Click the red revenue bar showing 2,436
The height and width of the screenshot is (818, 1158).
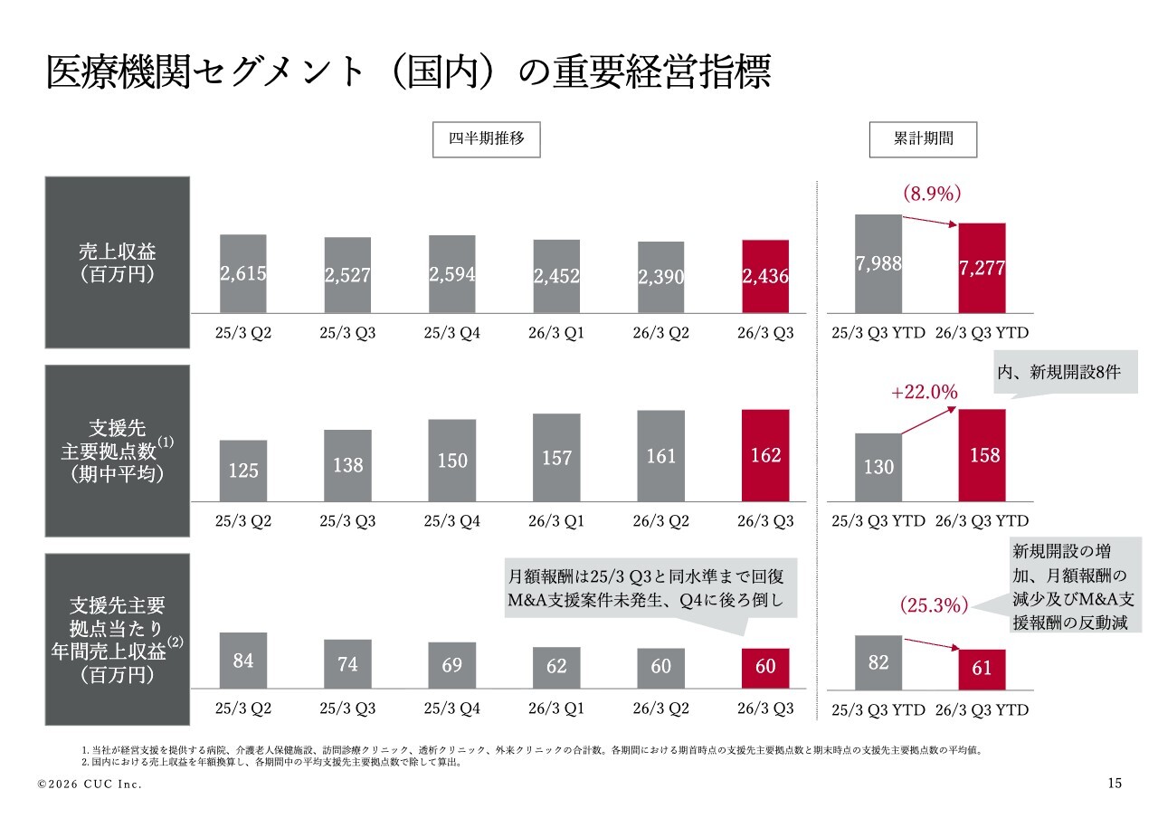(x=765, y=276)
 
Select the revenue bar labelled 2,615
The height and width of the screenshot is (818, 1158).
(x=243, y=273)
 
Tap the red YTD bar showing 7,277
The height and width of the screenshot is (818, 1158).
(x=982, y=268)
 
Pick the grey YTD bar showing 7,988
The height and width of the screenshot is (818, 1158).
(x=878, y=263)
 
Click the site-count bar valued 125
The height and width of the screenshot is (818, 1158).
(x=243, y=471)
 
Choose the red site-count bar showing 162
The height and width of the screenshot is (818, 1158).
(x=765, y=455)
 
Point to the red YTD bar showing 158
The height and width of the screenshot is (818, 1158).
(x=982, y=455)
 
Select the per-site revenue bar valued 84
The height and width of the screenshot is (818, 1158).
(x=243, y=661)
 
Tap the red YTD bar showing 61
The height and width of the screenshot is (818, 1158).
(x=982, y=669)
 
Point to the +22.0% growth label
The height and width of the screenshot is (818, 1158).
(x=923, y=392)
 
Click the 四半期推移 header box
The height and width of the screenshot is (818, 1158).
(x=486, y=140)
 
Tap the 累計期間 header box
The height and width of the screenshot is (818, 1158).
(x=923, y=140)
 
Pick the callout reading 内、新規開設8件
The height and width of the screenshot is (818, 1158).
(x=1065, y=373)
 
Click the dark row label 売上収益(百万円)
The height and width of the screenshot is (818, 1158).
(x=118, y=262)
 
